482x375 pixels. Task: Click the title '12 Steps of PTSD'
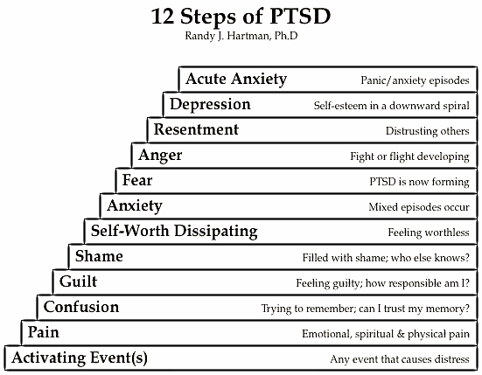point(241,17)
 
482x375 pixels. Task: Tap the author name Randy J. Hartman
point(227,36)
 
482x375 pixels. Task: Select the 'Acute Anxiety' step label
point(236,80)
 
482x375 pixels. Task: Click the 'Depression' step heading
point(210,104)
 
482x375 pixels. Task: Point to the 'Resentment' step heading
point(196,129)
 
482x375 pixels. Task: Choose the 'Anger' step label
point(160,156)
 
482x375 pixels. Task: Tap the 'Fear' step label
point(137,180)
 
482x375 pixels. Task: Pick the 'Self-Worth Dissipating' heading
point(174,232)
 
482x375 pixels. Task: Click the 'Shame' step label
point(99,256)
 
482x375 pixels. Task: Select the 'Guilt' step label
point(78,281)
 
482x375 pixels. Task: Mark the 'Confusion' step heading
point(81,307)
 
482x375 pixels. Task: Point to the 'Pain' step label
point(44,332)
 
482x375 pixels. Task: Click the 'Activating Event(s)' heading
point(80,358)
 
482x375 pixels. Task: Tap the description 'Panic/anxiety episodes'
point(415,80)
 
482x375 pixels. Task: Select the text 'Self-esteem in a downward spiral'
point(391,106)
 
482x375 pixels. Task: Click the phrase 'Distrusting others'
point(428,131)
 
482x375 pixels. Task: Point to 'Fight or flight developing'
point(409,156)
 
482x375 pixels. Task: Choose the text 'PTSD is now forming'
point(419,182)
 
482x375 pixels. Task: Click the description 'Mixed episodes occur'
point(419,207)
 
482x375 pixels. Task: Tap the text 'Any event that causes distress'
point(400,359)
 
